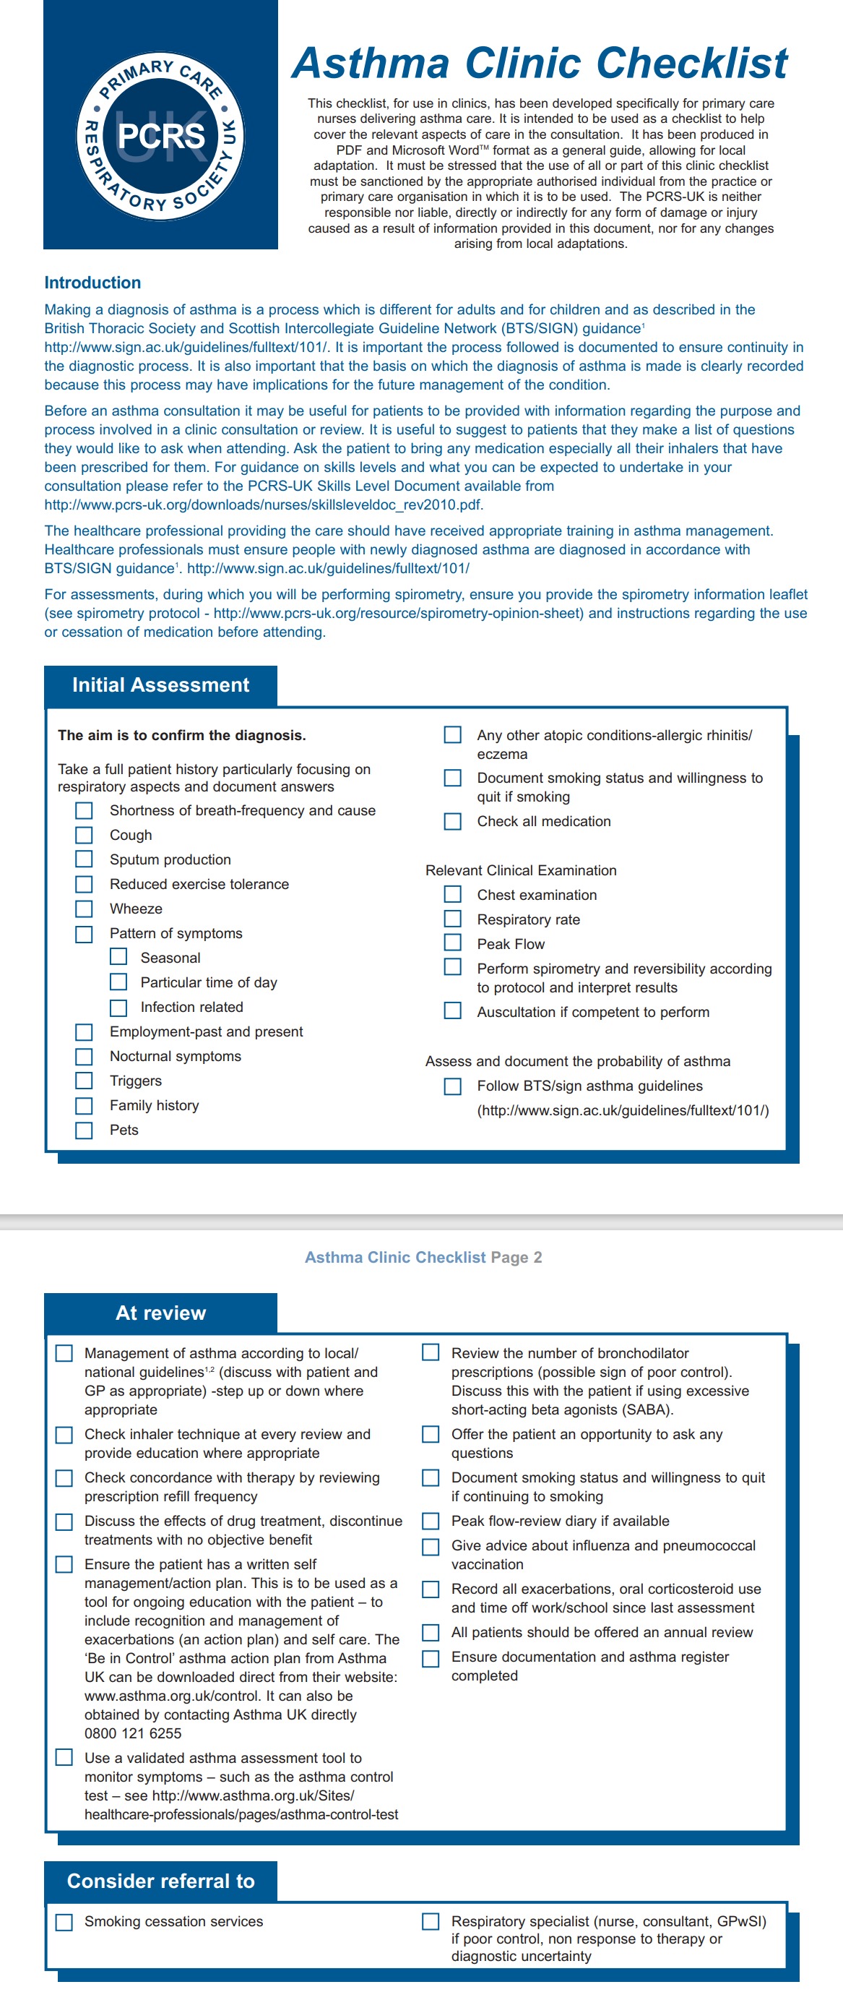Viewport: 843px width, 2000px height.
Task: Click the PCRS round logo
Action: [x=160, y=137]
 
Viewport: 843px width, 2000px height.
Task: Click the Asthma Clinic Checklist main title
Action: [x=540, y=63]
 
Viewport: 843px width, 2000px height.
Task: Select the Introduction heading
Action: [x=92, y=283]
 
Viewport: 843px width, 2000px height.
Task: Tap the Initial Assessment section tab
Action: [x=160, y=684]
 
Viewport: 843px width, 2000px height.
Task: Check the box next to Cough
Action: [x=84, y=835]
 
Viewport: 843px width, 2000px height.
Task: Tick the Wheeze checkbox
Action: [x=84, y=909]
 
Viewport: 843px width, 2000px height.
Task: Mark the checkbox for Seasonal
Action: [x=118, y=957]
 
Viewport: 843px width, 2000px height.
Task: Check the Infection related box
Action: [x=118, y=1007]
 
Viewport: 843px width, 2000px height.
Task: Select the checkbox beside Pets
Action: [x=84, y=1130]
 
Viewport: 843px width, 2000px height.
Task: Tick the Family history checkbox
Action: [x=84, y=1105]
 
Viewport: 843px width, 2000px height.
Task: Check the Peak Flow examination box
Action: [x=452, y=943]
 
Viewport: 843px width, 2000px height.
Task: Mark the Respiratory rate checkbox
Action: [x=452, y=919]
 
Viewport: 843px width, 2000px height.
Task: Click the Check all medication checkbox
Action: [x=452, y=821]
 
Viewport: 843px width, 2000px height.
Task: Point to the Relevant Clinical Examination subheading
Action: [x=521, y=870]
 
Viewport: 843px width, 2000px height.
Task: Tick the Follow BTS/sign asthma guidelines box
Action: [x=452, y=1086]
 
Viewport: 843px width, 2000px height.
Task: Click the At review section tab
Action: [x=160, y=1313]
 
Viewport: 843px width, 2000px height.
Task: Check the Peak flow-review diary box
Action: [x=431, y=1521]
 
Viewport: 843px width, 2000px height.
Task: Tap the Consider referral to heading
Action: [x=160, y=1881]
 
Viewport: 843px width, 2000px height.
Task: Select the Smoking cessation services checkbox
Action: [x=64, y=1922]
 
